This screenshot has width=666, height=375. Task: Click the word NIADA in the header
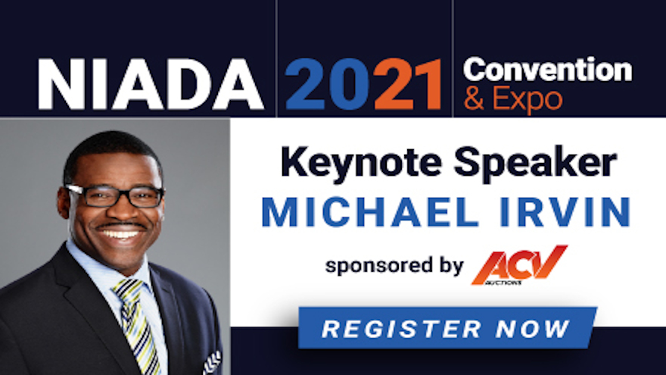151,85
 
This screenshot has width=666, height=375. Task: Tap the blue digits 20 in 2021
328,85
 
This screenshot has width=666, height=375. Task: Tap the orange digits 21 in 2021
408,85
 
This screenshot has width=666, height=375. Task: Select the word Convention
547,70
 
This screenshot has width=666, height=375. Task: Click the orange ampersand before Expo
474,98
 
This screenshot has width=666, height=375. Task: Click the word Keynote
361,164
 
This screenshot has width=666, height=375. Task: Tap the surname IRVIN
565,212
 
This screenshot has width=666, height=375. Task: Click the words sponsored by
394,266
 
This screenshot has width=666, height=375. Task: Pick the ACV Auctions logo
519,265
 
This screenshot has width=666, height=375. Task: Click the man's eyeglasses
115,196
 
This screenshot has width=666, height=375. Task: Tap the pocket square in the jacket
212,363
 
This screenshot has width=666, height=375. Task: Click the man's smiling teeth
120,234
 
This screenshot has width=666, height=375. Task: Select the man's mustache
120,225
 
